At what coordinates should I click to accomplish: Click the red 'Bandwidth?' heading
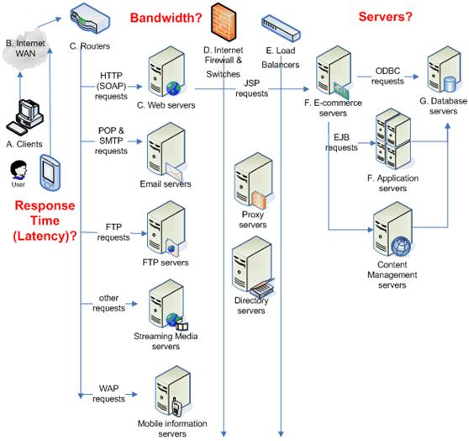tap(166, 18)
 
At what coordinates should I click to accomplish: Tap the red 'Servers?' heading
tap(385, 17)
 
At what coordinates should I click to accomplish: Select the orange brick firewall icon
tap(224, 22)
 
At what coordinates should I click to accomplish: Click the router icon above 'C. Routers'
tap(90, 19)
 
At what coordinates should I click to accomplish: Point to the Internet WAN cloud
tap(25, 49)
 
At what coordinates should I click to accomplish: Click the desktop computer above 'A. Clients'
tap(25, 117)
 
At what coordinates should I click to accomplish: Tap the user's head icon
tap(18, 170)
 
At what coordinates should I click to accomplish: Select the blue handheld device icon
tap(50, 173)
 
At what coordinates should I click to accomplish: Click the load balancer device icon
tap(281, 29)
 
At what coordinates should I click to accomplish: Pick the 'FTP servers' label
tap(166, 263)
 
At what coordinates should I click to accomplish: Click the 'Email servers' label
tap(166, 183)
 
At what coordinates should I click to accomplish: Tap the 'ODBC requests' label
tap(387, 76)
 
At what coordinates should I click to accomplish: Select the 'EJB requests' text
tap(341, 142)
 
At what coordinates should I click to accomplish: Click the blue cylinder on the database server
tap(450, 84)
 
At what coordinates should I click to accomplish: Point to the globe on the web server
tap(173, 88)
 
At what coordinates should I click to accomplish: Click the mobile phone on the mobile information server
tap(176, 407)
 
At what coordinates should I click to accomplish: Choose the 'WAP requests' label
tap(108, 394)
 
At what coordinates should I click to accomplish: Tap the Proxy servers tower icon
tap(254, 181)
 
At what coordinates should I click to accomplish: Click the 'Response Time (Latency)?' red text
tap(45, 220)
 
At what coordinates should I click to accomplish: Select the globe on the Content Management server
tap(401, 247)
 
